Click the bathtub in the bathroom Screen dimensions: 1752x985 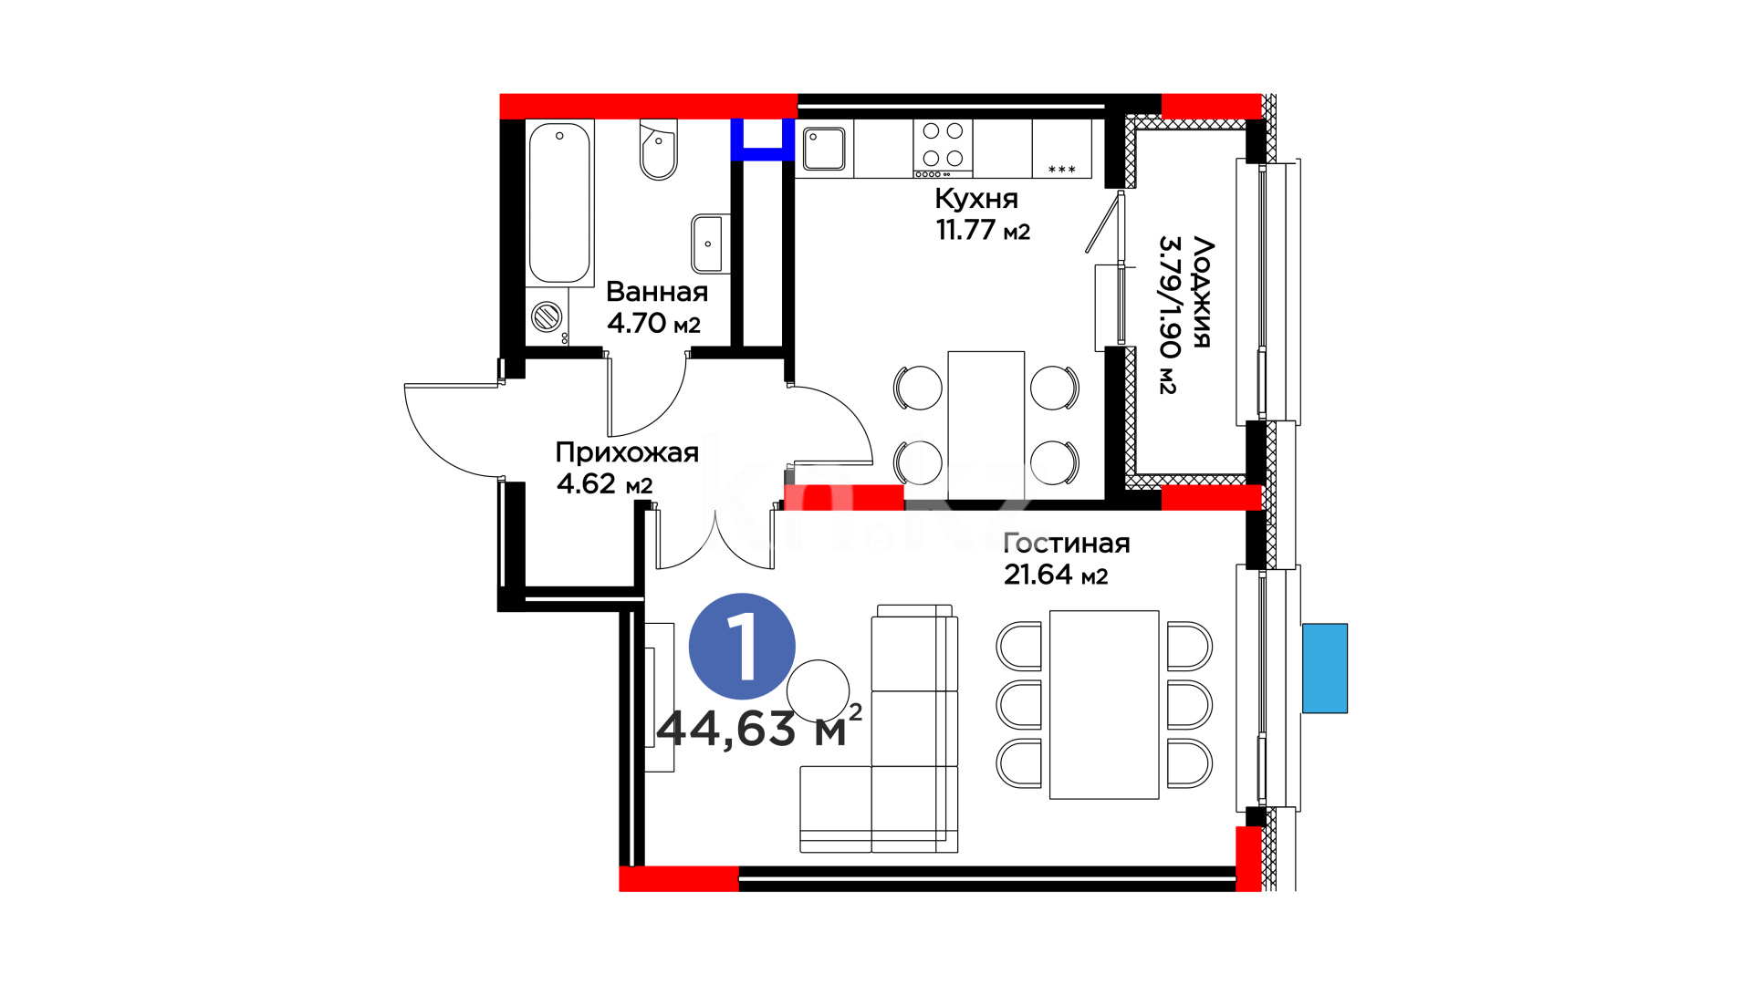[559, 203]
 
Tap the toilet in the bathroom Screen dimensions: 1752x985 [658, 150]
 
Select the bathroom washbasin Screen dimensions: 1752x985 [710, 244]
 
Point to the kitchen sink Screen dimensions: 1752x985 [824, 149]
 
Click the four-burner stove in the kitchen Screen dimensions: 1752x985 [943, 148]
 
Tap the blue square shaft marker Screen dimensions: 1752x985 [762, 140]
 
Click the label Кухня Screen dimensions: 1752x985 [976, 199]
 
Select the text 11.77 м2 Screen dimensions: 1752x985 [983, 230]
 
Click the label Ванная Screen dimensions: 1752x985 [657, 292]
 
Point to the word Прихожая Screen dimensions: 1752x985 [627, 453]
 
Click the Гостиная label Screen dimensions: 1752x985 [1067, 544]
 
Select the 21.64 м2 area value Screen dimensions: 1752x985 [1056, 575]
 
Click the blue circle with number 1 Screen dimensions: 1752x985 [742, 647]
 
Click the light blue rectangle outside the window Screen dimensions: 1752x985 [1325, 669]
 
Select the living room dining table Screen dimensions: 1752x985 [1104, 705]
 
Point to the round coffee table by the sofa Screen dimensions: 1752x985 [819, 691]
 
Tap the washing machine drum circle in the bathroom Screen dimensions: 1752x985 [547, 316]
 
